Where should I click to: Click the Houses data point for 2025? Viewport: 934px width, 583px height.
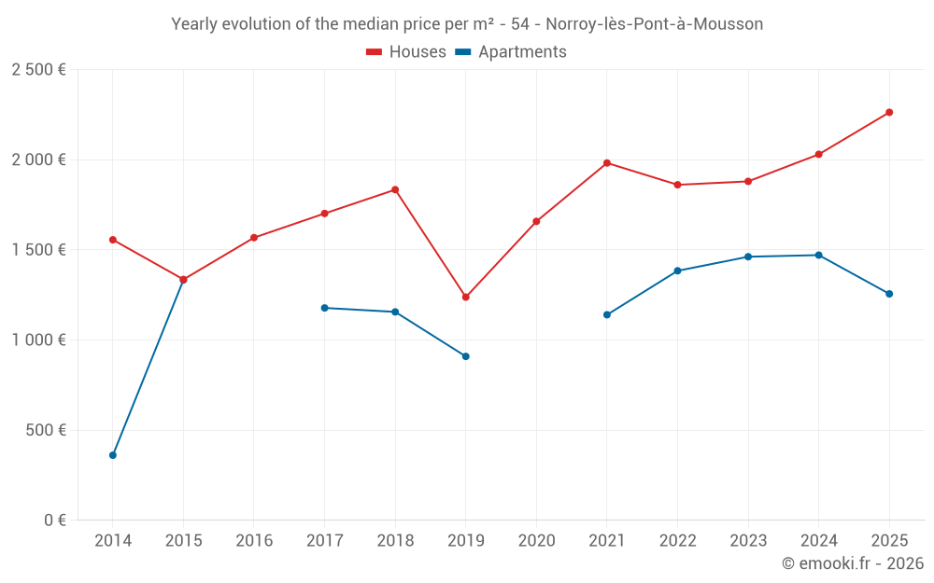click(889, 112)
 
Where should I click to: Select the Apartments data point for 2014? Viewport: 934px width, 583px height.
click(113, 455)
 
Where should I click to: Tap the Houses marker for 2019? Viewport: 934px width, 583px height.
click(466, 297)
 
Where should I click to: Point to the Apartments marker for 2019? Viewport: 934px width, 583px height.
click(466, 356)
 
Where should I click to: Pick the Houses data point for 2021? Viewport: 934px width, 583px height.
click(607, 163)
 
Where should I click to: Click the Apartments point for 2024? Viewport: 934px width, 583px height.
click(819, 255)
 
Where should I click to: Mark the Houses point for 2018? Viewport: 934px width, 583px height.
click(395, 189)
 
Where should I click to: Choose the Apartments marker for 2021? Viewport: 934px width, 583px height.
click(607, 314)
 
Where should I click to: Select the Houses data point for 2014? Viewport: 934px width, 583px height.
click(113, 240)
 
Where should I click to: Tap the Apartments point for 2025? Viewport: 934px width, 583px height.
click(889, 294)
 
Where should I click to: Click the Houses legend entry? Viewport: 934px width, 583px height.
click(406, 52)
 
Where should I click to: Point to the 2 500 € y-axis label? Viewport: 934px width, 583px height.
click(38, 70)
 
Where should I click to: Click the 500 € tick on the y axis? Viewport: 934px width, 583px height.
click(46, 430)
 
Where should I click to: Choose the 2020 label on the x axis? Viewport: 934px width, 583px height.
click(536, 541)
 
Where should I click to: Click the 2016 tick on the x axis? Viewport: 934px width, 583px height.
click(254, 541)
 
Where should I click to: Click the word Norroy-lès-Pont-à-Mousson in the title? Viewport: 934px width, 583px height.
click(654, 24)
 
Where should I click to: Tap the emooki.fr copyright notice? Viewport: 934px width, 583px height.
click(852, 563)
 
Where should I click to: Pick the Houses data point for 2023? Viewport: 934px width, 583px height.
click(748, 181)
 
